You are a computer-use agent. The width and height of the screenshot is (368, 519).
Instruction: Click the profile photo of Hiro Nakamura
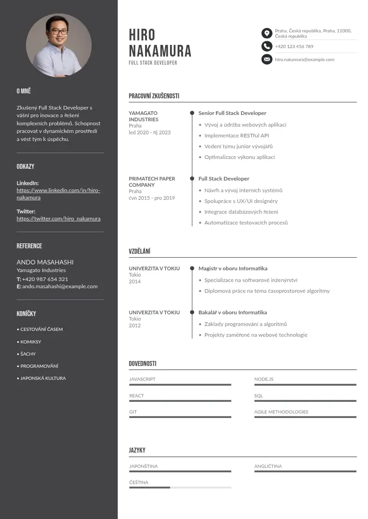[59, 45]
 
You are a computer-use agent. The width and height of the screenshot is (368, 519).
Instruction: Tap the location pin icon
[266, 33]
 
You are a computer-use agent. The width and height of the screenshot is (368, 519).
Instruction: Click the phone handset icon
[266, 46]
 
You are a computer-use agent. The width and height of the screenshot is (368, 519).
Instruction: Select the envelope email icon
[266, 59]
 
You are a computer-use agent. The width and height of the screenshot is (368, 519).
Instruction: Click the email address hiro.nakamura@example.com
[305, 60]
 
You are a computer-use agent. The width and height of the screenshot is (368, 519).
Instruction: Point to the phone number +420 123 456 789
[294, 47]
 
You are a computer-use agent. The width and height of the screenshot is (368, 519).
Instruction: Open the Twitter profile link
[58, 219]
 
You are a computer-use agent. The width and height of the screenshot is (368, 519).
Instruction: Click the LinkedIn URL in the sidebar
[58, 194]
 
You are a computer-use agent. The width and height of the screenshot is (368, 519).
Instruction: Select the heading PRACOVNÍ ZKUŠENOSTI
[154, 96]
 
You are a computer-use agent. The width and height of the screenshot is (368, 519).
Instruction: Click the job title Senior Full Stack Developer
[232, 113]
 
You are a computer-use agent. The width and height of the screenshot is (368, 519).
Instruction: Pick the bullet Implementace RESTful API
[236, 136]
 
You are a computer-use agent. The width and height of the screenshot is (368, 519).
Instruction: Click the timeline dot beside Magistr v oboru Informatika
[192, 268]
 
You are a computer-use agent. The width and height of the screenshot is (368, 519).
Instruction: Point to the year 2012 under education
[135, 325]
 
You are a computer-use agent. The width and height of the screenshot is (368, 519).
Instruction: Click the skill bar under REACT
[180, 401]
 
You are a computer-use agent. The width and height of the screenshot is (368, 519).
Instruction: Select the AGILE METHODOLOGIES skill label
[281, 412]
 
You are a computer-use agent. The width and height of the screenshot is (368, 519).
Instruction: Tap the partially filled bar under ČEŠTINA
[180, 487]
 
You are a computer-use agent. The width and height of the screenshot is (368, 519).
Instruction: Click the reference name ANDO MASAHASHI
[45, 262]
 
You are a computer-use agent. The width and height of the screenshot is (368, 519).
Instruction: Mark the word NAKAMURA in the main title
[160, 51]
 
